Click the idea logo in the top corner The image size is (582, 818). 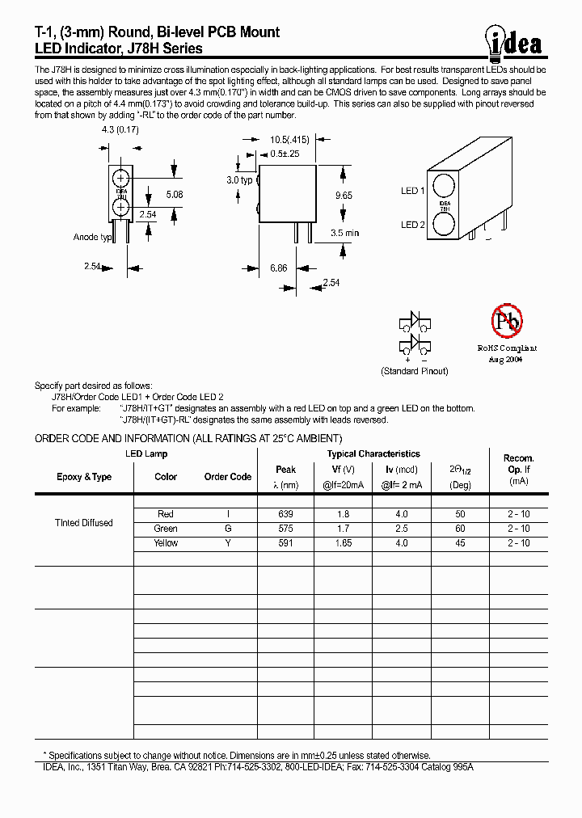pyautogui.click(x=515, y=40)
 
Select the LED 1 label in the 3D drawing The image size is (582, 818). pyautogui.click(x=412, y=191)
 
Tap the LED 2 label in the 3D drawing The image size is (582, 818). pyautogui.click(x=412, y=225)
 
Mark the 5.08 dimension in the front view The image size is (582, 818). pyautogui.click(x=174, y=194)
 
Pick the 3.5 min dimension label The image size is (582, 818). pyautogui.click(x=344, y=233)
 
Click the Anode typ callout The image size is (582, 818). pyautogui.click(x=92, y=238)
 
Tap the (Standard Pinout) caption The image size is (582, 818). pyautogui.click(x=414, y=371)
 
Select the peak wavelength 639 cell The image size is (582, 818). pyautogui.click(x=285, y=514)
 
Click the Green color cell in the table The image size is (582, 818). pyautogui.click(x=166, y=529)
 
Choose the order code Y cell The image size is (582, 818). pyautogui.click(x=228, y=543)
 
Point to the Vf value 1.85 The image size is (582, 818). pyautogui.click(x=344, y=543)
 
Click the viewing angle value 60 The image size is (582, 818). pyautogui.click(x=460, y=529)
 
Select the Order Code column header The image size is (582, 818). pyautogui.click(x=228, y=477)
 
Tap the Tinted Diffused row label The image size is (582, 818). pyautogui.click(x=84, y=523)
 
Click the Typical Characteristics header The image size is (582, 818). pyautogui.click(x=373, y=454)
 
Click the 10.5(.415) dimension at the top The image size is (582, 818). pyautogui.click(x=293, y=140)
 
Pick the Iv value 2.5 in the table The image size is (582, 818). pyautogui.click(x=402, y=529)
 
